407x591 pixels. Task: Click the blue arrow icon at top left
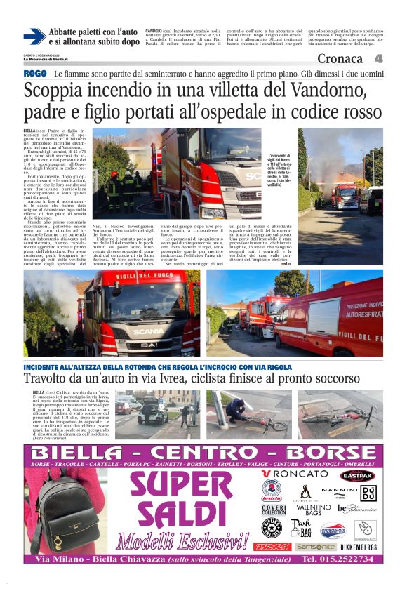34,36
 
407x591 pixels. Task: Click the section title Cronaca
340,58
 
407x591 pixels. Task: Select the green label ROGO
35,73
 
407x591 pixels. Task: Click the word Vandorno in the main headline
323,91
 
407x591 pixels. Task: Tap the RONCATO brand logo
295,474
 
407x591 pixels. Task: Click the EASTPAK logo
356,475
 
